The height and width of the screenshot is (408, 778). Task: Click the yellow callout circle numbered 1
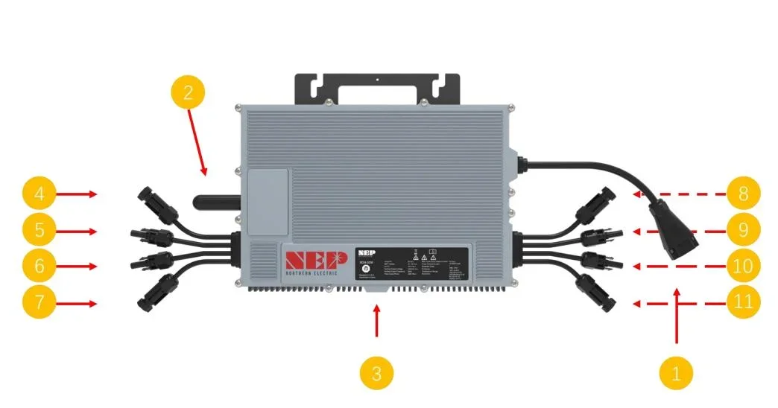pos(676,372)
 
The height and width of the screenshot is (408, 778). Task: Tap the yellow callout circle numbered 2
pos(187,93)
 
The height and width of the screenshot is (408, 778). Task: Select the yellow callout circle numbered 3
pos(376,372)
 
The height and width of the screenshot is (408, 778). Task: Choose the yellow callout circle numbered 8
pos(743,194)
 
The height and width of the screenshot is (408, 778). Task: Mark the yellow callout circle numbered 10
pos(743,266)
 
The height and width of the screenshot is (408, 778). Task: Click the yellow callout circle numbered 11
pos(743,304)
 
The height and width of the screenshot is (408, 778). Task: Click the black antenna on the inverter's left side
pos(216,200)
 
